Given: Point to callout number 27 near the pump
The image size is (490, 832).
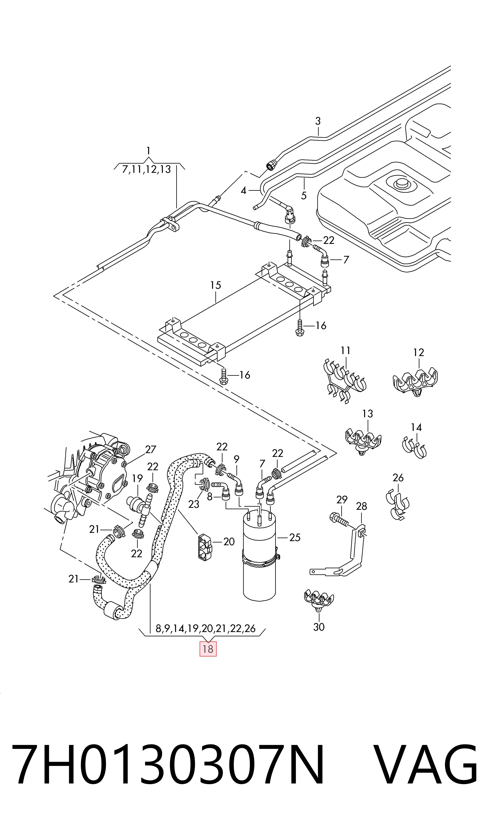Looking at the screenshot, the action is [150, 449].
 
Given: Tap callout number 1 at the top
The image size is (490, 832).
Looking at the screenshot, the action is [148, 151].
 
